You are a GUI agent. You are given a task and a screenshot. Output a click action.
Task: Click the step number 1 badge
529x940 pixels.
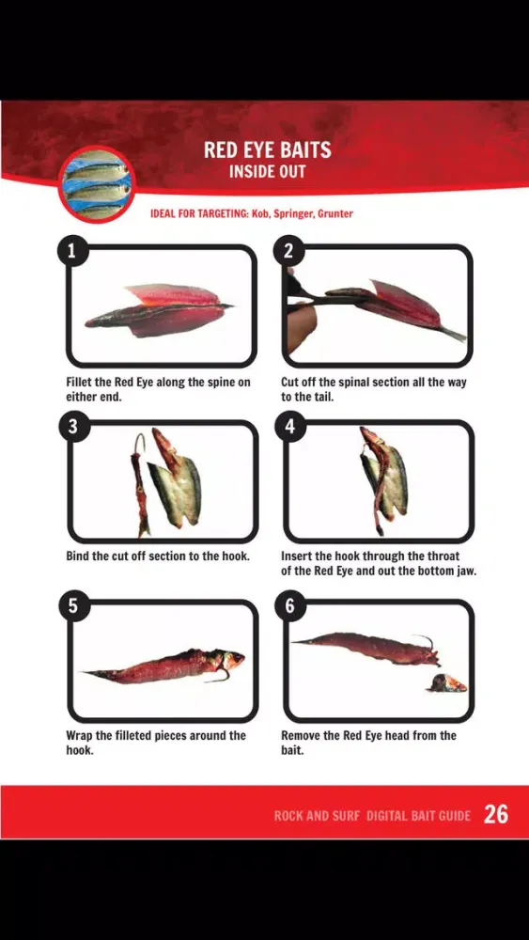(73, 251)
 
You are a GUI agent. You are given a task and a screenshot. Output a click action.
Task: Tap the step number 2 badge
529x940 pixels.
(288, 251)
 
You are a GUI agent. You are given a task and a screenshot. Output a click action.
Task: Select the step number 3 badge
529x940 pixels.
(73, 426)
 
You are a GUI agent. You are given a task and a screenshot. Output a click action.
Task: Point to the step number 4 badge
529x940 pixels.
(290, 426)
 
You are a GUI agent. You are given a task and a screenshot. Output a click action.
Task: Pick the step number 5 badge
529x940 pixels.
(73, 605)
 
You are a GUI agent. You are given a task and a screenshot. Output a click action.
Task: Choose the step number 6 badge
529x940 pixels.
(290, 605)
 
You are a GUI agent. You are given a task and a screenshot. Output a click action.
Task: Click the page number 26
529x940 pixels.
(496, 814)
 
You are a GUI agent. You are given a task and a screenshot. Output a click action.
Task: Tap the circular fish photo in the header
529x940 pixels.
(97, 184)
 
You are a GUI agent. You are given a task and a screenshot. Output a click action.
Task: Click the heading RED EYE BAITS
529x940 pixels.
(267, 149)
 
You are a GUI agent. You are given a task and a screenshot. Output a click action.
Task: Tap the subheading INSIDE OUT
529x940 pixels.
(267, 172)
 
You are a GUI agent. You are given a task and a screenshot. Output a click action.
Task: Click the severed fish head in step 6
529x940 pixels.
(447, 682)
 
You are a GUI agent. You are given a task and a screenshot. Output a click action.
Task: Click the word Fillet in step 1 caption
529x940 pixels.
(79, 383)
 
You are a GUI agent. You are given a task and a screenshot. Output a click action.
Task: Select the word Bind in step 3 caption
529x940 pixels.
(78, 556)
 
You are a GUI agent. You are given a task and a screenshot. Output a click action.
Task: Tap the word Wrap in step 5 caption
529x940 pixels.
(79, 736)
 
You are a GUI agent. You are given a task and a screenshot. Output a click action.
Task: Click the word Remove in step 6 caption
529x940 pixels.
(301, 736)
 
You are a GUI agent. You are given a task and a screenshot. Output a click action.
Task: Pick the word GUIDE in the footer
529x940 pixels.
(454, 816)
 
